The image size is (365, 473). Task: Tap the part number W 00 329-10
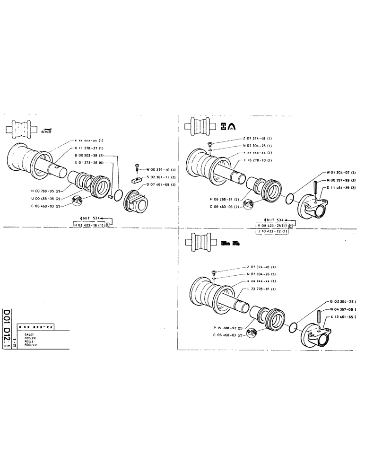pyautogui.click(x=161, y=169)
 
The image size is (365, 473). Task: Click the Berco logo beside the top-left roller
pyautogui.click(x=46, y=130)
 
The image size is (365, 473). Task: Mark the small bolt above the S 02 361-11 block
pyautogui.click(x=138, y=167)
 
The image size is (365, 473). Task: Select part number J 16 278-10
pyautogui.click(x=258, y=160)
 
